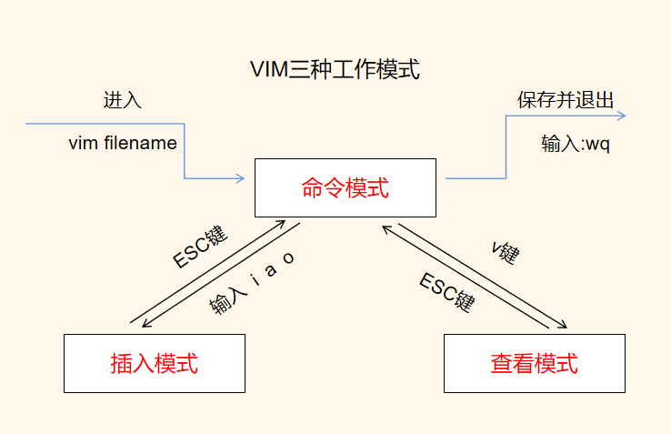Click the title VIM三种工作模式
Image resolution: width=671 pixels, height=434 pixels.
(335, 70)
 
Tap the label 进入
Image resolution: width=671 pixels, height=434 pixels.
(123, 100)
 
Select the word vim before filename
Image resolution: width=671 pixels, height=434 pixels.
(83, 144)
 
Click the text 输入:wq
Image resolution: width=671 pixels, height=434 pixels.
(575, 145)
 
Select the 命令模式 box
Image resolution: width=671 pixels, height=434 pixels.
(345, 188)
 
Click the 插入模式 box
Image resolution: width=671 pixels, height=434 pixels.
(154, 363)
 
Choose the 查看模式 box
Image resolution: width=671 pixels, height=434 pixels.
(534, 363)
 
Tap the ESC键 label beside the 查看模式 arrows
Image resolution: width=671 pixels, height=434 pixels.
(447, 291)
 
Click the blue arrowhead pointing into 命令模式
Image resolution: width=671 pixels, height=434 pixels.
(242, 178)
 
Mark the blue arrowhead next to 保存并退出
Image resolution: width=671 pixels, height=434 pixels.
(621, 116)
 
